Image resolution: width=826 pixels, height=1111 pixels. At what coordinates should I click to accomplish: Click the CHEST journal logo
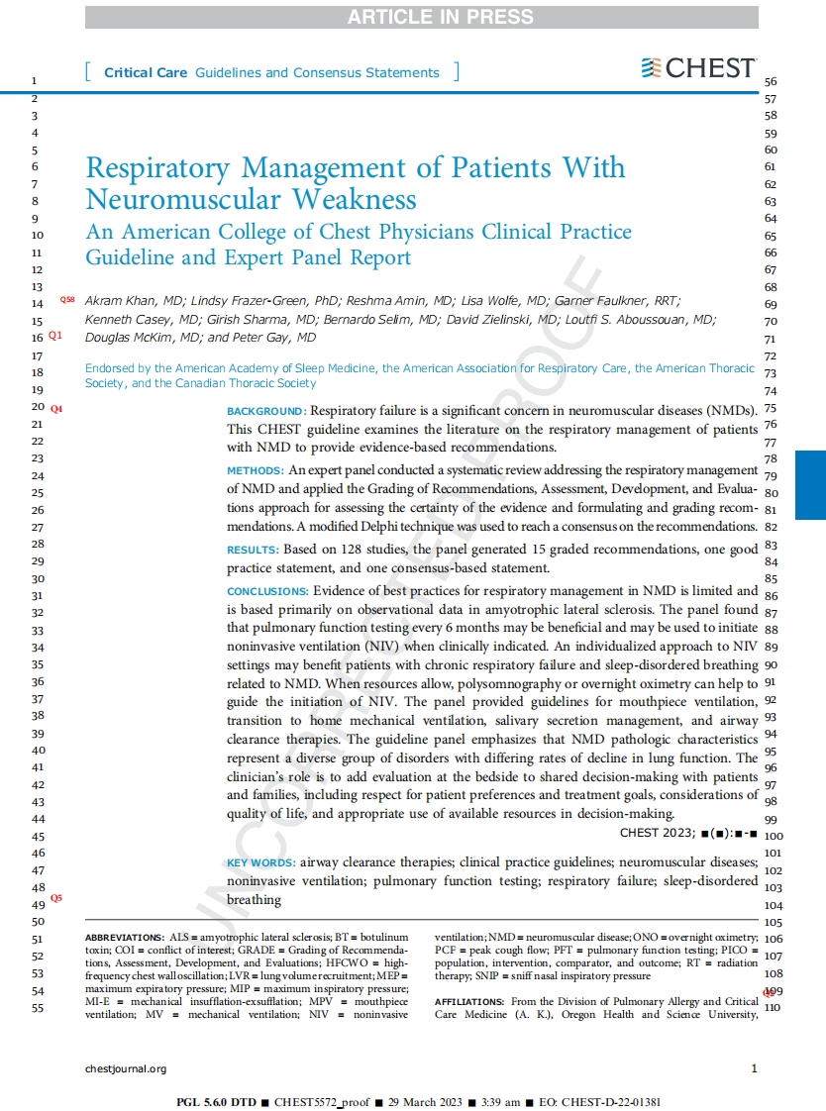pos(698,68)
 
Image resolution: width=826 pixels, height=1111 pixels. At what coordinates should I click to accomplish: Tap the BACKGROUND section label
pos(264,411)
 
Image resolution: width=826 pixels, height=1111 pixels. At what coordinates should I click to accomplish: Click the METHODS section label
pos(256,470)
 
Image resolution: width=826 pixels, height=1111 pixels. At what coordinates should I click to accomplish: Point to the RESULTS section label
pos(253,549)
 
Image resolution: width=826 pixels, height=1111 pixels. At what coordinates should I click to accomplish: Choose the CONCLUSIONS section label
pos(267,591)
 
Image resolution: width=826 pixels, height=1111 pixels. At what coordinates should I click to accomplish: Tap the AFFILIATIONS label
pos(470,1002)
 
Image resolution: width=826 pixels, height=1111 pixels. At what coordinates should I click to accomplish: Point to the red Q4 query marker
pos(56,408)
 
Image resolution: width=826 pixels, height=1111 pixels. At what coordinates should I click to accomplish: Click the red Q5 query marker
pos(56,897)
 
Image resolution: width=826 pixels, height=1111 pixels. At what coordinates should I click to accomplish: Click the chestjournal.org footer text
pos(126,1068)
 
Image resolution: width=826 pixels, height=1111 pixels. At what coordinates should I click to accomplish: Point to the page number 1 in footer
pos(754,1068)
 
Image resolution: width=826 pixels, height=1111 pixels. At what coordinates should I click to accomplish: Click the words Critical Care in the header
pos(147,72)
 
